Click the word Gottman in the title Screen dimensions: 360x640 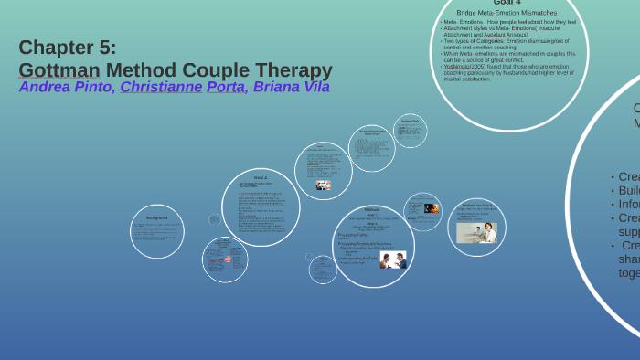(x=59, y=70)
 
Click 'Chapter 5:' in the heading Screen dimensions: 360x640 (x=68, y=48)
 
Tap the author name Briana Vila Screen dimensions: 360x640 (x=292, y=88)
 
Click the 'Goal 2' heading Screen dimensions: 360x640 (x=261, y=177)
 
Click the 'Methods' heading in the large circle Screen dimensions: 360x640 (x=371, y=209)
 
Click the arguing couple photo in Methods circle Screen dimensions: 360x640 (x=393, y=259)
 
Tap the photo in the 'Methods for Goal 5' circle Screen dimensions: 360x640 (x=477, y=233)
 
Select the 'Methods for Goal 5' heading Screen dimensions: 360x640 (x=476, y=206)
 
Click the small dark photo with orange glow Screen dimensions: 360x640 (x=432, y=208)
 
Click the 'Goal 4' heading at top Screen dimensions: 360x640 (x=507, y=3)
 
